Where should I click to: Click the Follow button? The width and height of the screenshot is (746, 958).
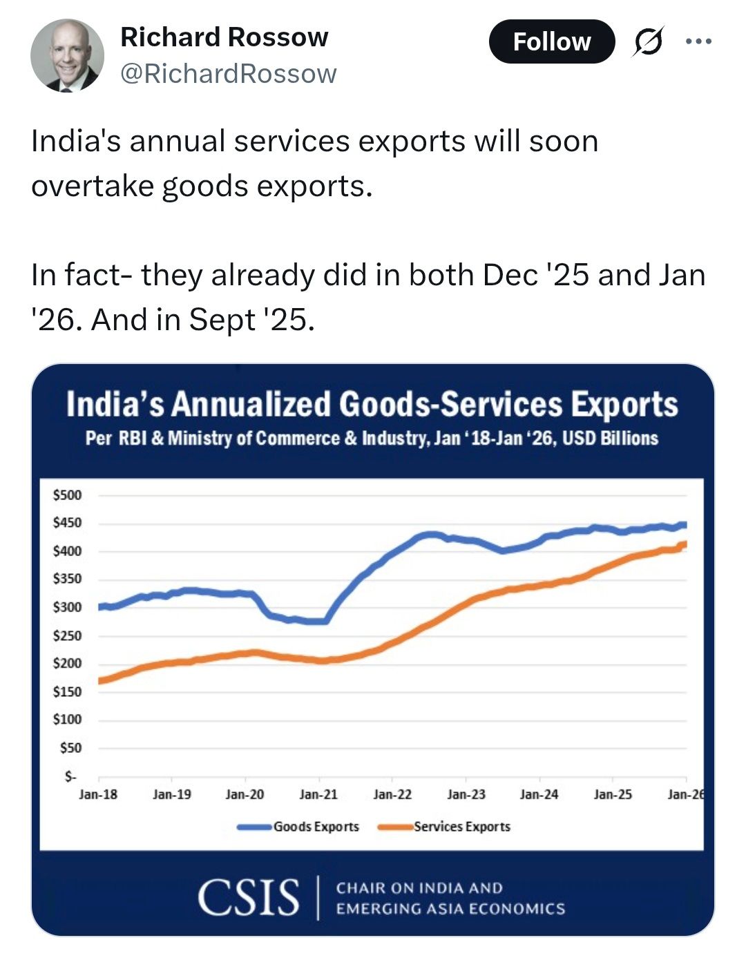point(551,41)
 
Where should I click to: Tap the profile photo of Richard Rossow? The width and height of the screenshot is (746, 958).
point(67,55)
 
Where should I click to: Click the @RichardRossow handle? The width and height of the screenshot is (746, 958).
point(229,73)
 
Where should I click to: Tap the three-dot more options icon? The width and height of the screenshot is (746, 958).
point(698,41)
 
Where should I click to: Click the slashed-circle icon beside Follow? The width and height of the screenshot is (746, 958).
point(649,41)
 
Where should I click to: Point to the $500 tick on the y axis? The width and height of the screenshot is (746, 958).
point(67,495)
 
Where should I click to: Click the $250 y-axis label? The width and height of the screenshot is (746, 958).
point(67,635)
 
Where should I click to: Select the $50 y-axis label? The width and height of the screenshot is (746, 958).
point(70,748)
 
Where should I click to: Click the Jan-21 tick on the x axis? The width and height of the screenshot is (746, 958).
point(318,794)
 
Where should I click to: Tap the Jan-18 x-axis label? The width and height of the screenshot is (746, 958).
point(98,794)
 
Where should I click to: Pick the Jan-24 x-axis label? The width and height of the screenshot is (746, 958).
point(539,794)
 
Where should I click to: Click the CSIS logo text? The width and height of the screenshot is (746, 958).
point(249,898)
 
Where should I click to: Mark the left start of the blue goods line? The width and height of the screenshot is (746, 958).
point(100,607)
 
